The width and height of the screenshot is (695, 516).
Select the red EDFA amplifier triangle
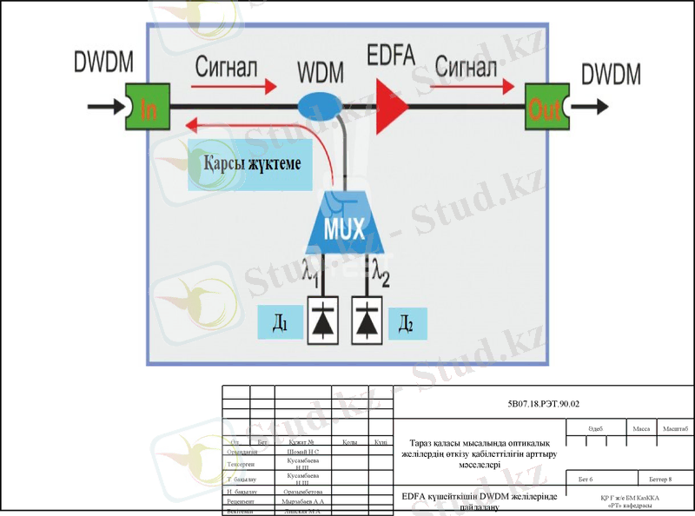[x=392, y=107]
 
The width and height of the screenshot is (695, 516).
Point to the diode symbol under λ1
[x=324, y=321]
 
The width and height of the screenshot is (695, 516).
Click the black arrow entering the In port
[x=107, y=108]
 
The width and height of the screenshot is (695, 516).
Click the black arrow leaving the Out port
[x=591, y=108]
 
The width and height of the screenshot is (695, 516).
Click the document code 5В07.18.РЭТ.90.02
[x=543, y=404]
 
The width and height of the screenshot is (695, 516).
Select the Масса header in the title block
[x=641, y=429]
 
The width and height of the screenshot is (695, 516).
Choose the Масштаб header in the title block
[x=676, y=429]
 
